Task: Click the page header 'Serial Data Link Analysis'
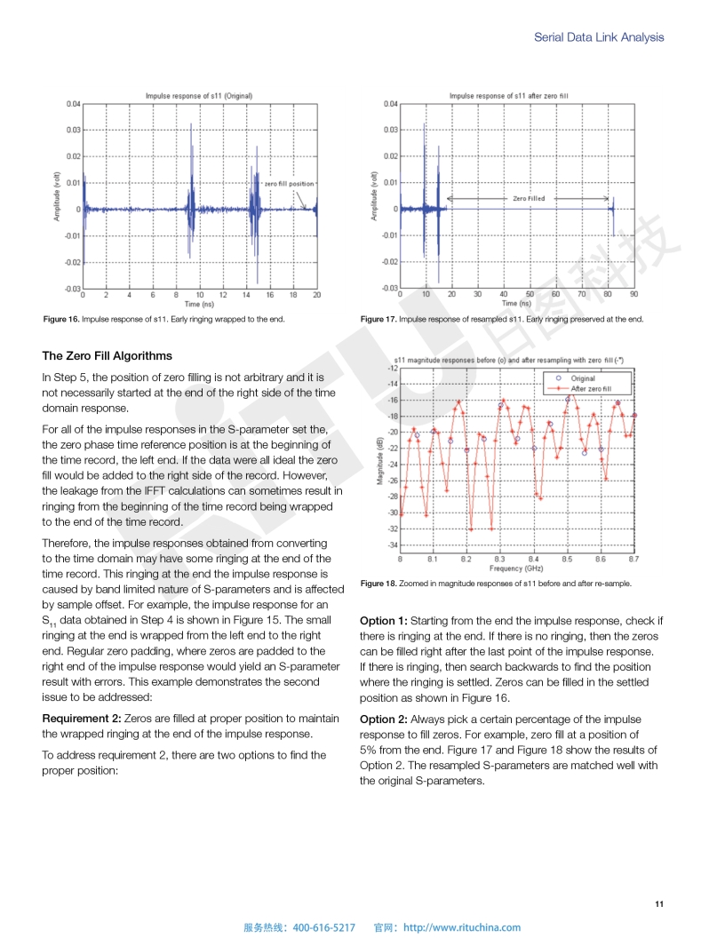(x=598, y=37)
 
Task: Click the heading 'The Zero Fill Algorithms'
(x=107, y=356)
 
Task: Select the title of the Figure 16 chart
(x=199, y=95)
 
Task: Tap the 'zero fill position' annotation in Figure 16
(x=289, y=184)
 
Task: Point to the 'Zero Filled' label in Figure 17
(x=530, y=199)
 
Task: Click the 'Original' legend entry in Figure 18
(x=583, y=378)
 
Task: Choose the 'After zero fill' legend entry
(x=590, y=389)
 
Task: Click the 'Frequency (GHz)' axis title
(x=516, y=568)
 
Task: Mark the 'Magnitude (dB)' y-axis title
(x=380, y=462)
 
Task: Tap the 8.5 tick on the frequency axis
(x=567, y=559)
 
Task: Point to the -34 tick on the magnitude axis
(x=392, y=545)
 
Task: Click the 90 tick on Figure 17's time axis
(x=633, y=293)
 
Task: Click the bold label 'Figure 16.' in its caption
(x=60, y=320)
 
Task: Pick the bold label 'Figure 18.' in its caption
(x=378, y=584)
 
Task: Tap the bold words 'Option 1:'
(x=383, y=621)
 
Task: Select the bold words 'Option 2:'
(x=383, y=719)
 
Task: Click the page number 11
(x=658, y=904)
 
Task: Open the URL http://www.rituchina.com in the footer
(x=462, y=927)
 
